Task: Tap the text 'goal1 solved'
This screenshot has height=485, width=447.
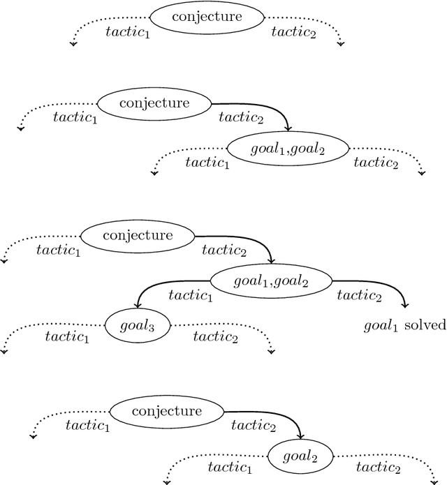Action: coord(404,326)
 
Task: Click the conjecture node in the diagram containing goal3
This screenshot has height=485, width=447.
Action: coord(138,235)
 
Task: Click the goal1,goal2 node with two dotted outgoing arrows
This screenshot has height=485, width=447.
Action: coord(288,147)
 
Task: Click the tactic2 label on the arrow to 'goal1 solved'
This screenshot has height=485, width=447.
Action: coord(359,295)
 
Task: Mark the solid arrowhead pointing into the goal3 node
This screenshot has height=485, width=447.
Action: coord(138,305)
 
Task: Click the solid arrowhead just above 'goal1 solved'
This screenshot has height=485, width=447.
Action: coord(404,304)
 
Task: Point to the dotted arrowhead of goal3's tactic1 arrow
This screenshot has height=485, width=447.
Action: coord(4,351)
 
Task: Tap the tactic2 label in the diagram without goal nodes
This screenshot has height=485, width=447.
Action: coord(293,31)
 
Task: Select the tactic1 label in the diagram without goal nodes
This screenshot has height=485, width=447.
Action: coord(127,31)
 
